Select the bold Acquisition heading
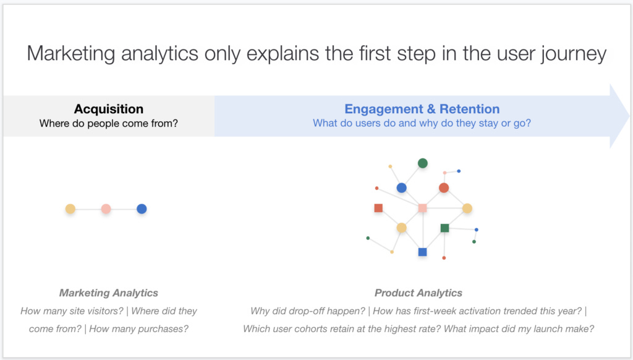tap(109, 109)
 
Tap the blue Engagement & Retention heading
tap(422, 109)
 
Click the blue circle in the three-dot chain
tap(142, 209)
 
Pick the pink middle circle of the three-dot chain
tap(106, 209)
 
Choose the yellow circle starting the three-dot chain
tap(70, 209)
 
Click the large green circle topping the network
tap(423, 163)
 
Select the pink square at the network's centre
tap(423, 208)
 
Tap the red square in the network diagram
tap(378, 208)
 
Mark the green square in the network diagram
tap(444, 228)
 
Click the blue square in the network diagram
tap(423, 252)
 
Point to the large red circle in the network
tap(444, 187)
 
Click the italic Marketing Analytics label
tap(109, 293)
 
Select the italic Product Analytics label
tap(418, 293)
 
